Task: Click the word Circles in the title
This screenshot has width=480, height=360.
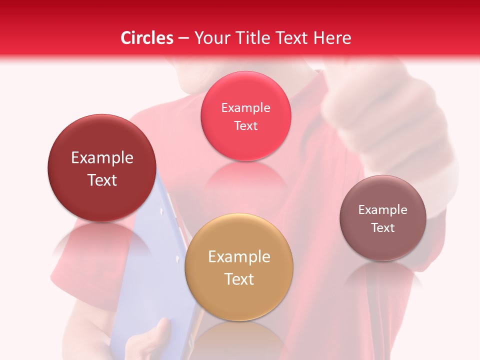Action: click(146, 38)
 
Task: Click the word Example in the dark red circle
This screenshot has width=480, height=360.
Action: click(102, 158)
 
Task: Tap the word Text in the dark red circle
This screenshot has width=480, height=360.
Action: click(102, 180)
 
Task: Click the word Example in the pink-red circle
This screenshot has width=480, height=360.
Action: click(245, 108)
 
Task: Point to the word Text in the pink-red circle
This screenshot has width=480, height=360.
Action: click(245, 125)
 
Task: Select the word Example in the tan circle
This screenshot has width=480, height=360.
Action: click(239, 257)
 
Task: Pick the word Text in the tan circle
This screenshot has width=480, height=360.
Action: click(239, 279)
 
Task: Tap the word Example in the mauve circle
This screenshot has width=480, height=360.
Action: click(383, 210)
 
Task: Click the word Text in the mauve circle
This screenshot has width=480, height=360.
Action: click(383, 227)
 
